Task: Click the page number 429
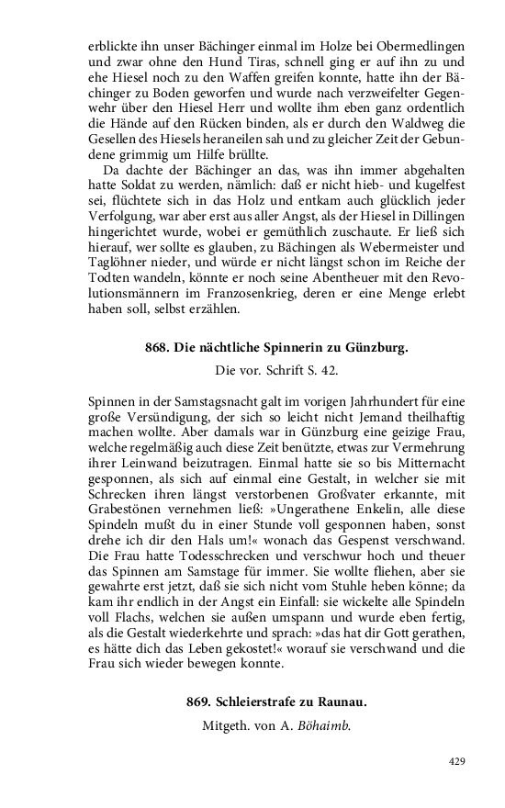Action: pyautogui.click(x=457, y=761)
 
